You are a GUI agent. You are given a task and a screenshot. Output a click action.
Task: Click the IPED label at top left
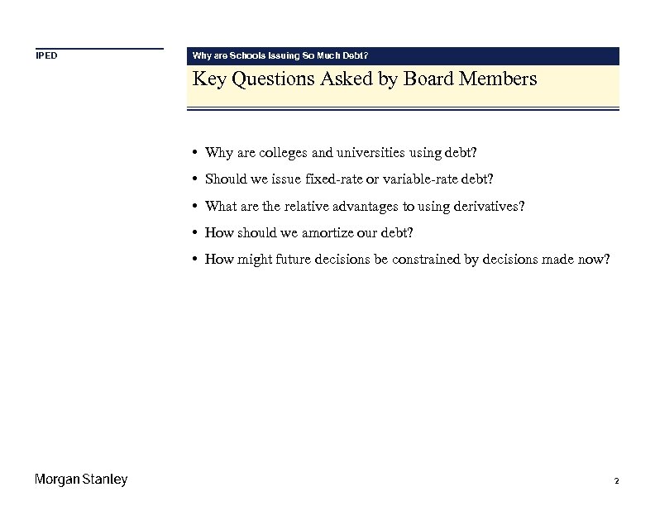pyautogui.click(x=45, y=56)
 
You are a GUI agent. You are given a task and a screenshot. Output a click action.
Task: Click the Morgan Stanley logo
pyautogui.click(x=81, y=480)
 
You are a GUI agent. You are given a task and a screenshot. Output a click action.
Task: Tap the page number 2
pyautogui.click(x=617, y=480)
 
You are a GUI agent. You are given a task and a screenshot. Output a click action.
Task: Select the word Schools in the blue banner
pyautogui.click(x=247, y=56)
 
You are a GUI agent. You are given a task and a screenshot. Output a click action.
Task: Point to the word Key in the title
pyautogui.click(x=207, y=79)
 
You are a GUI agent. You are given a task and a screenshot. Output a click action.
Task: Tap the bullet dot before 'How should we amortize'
pyautogui.click(x=193, y=233)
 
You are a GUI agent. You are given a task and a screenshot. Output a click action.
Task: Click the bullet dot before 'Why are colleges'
pyautogui.click(x=193, y=153)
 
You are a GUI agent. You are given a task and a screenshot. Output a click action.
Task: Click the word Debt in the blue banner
pyautogui.click(x=351, y=56)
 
